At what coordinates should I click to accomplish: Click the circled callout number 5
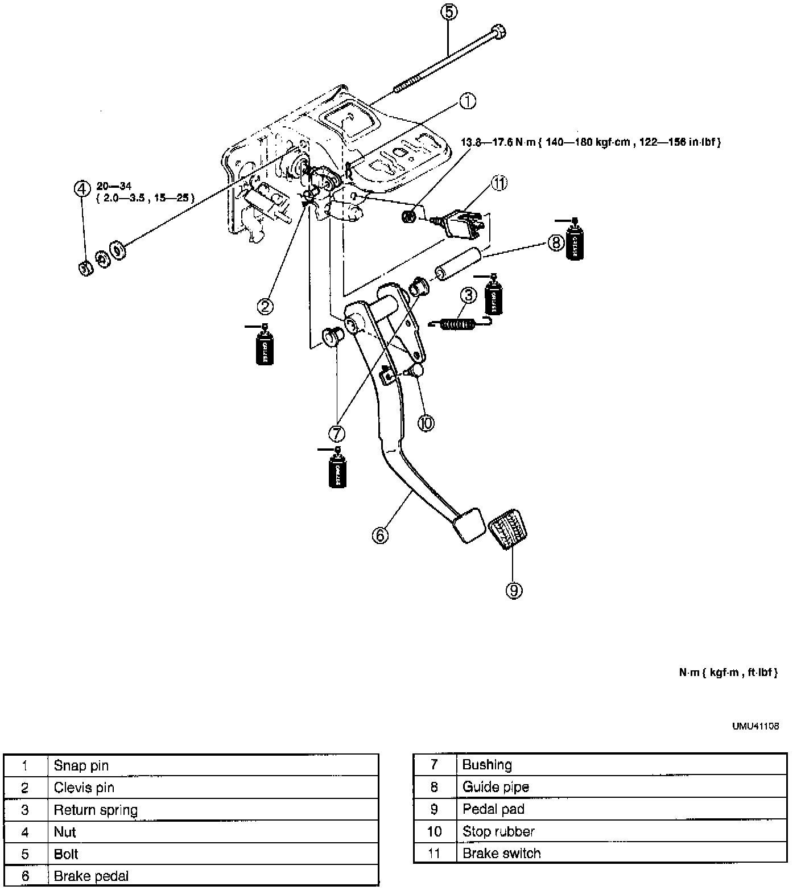pyautogui.click(x=449, y=12)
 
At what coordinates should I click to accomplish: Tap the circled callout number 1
pyautogui.click(x=467, y=101)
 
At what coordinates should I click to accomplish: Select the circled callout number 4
pyautogui.click(x=82, y=188)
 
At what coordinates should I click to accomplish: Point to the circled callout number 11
pyautogui.click(x=499, y=184)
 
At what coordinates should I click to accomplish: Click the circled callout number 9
pyautogui.click(x=514, y=591)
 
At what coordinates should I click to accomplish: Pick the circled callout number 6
pyautogui.click(x=380, y=535)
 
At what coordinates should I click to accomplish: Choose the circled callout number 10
pyautogui.click(x=426, y=423)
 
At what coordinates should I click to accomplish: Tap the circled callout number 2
pyautogui.click(x=265, y=306)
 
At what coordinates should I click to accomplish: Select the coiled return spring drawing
pyautogui.click(x=459, y=323)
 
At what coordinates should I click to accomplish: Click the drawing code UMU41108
pyautogui.click(x=755, y=726)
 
